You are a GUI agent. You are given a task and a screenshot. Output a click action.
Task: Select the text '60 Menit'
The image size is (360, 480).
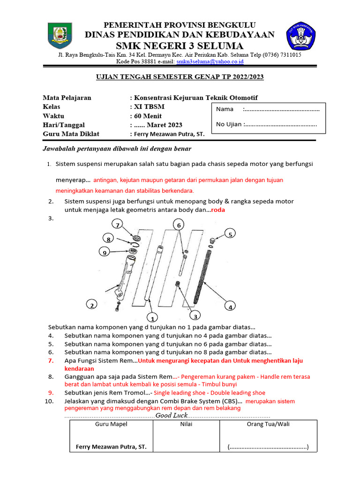(x=148, y=116)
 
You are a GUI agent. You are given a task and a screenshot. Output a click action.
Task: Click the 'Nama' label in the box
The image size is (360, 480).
(x=225, y=109)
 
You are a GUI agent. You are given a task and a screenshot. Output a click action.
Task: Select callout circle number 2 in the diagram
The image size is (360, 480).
(x=92, y=305)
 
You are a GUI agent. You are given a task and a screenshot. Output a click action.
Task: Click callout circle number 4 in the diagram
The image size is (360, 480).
(x=230, y=307)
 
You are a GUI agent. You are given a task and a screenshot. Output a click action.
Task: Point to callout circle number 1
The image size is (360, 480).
(x=151, y=318)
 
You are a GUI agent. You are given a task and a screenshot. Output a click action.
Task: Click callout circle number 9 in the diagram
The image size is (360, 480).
(x=103, y=253)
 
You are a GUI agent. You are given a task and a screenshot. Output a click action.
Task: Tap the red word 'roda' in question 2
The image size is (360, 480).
(x=218, y=210)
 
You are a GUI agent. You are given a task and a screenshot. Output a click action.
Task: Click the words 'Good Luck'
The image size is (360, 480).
(x=172, y=415)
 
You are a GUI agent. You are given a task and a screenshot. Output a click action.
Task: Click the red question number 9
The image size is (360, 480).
(x=51, y=393)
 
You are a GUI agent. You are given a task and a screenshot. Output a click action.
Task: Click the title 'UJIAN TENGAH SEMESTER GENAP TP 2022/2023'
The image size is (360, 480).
(x=180, y=77)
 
